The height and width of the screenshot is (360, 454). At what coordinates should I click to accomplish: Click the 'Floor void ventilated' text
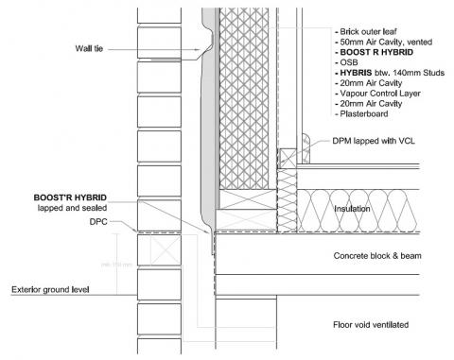click(369, 325)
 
